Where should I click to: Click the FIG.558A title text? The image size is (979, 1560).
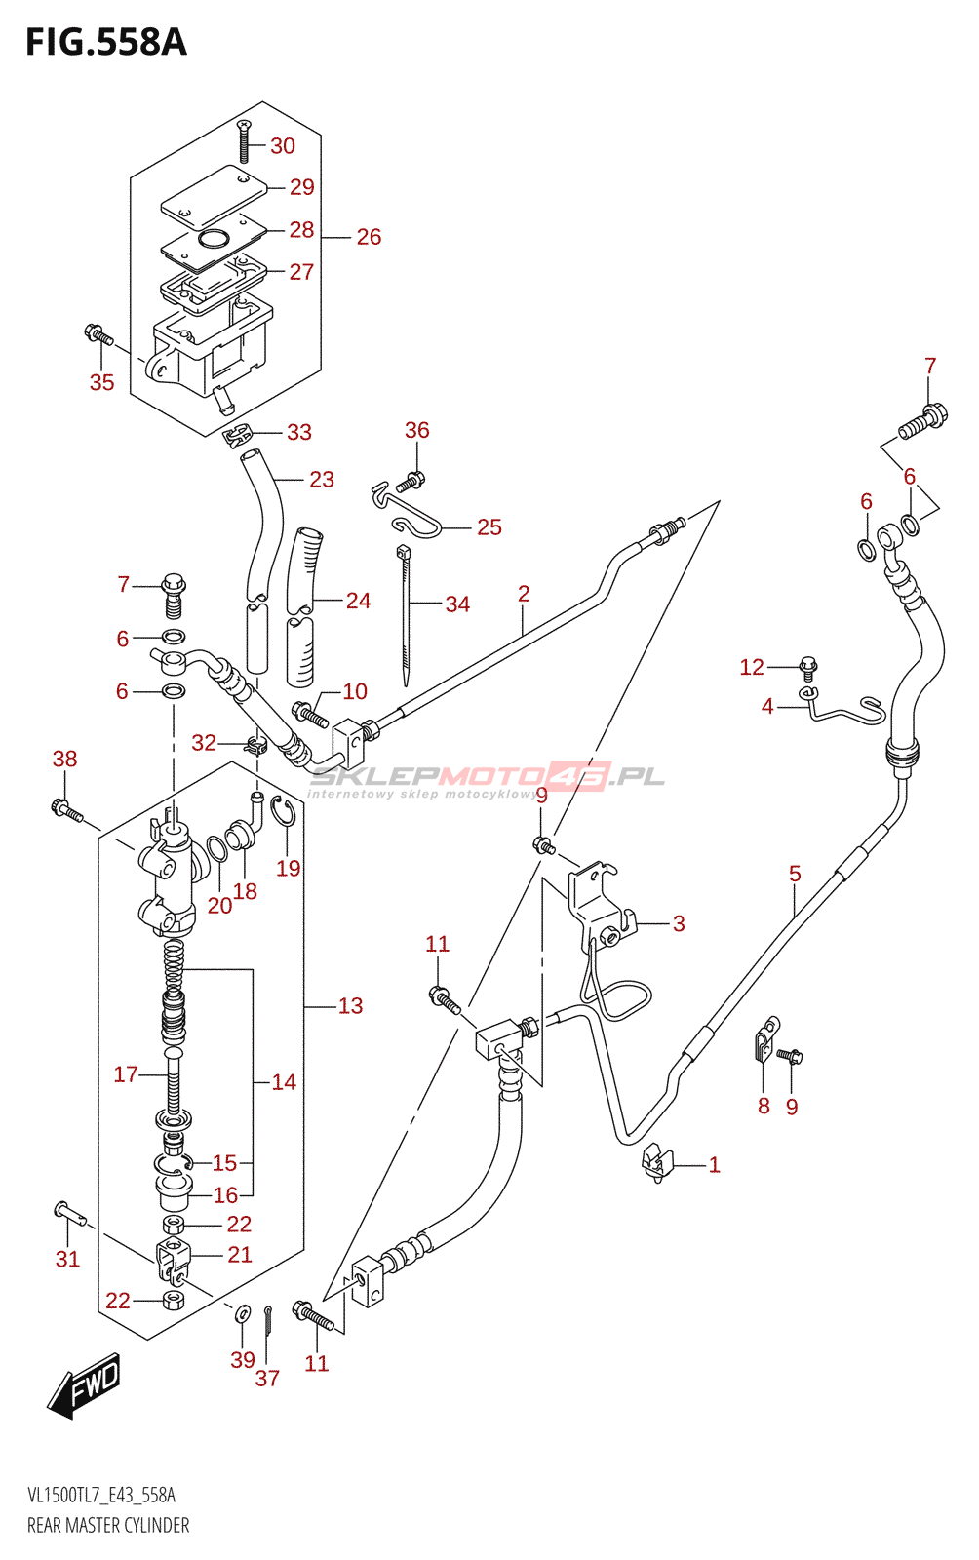[105, 43]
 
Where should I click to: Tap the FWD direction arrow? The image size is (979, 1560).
[86, 1384]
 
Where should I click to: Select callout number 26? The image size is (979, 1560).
[369, 237]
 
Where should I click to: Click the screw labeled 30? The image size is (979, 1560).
[244, 142]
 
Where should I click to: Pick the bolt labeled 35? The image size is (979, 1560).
[98, 335]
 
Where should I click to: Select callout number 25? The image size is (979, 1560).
[489, 527]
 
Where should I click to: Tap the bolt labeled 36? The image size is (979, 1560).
[413, 480]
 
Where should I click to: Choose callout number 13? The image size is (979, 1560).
[350, 1006]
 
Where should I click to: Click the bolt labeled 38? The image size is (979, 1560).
[65, 808]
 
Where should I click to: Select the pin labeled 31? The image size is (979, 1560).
[70, 1214]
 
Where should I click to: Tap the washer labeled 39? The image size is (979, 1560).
[243, 1314]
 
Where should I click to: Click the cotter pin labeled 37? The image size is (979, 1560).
[268, 1321]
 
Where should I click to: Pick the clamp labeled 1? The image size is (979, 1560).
[657, 1162]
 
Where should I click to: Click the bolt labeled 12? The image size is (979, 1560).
[807, 668]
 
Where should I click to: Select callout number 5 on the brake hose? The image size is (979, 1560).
[795, 874]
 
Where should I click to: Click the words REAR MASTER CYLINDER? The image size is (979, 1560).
[108, 1526]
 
